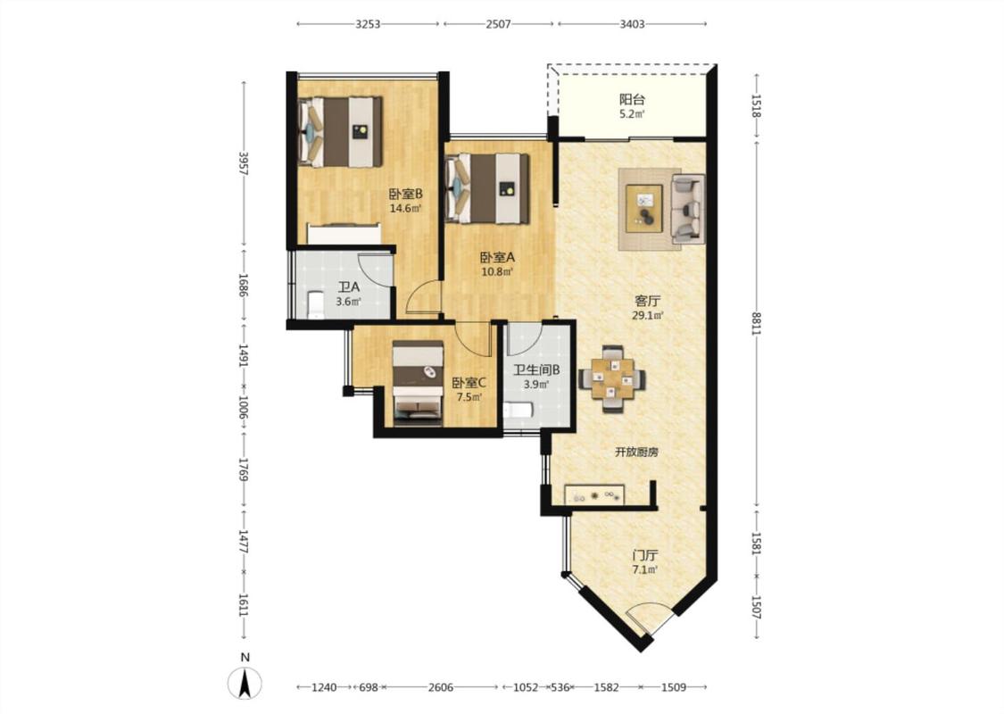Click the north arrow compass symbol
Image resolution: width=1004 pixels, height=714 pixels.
tap(244, 683)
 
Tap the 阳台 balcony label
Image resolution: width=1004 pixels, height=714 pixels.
tap(631, 99)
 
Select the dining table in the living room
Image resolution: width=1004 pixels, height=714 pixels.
tap(612, 379)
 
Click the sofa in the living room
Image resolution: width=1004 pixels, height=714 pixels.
tap(688, 209)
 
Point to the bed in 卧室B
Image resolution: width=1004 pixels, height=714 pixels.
tap(340, 132)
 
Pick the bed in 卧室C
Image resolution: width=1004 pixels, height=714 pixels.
tap(419, 383)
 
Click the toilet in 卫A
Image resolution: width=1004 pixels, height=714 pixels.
tap(316, 305)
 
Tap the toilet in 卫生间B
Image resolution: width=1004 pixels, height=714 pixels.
tap(517, 410)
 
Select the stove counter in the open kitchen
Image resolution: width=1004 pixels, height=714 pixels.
tap(594, 494)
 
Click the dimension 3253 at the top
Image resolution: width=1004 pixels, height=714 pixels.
tap(368, 24)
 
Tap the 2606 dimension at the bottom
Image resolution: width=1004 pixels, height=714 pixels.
tap(441, 687)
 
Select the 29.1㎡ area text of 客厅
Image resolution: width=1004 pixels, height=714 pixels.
tap(647, 315)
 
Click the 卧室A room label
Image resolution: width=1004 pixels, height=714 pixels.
tap(497, 257)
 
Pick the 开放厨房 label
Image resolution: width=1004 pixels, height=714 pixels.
tap(636, 452)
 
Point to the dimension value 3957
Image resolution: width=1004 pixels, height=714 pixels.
tap(243, 164)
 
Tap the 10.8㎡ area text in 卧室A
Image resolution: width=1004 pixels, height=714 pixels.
tap(497, 271)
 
